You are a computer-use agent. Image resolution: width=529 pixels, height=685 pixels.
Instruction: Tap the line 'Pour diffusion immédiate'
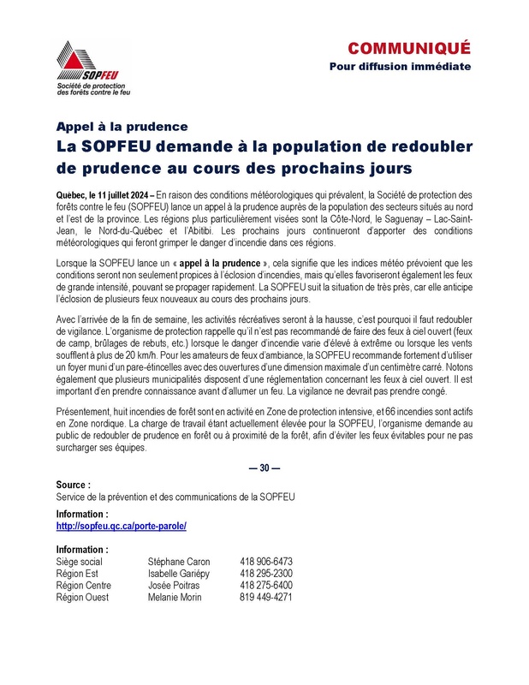point(400,66)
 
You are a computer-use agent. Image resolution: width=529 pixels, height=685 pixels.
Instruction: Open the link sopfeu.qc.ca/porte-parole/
point(121,525)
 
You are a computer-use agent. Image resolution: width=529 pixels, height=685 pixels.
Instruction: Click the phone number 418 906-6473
point(266,562)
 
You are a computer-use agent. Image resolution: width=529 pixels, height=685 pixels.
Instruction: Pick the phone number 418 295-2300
point(266,574)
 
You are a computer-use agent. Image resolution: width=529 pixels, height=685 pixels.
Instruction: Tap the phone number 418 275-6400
point(266,586)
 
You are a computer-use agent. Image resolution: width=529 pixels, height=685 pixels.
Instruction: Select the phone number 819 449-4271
point(266,598)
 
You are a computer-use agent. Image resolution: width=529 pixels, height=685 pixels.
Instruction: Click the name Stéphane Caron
point(179,562)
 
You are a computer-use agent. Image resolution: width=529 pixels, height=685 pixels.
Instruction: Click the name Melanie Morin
point(176,598)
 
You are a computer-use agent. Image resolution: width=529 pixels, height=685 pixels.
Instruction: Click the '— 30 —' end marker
point(264,468)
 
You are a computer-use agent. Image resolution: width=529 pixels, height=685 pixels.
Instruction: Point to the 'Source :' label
point(74,485)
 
